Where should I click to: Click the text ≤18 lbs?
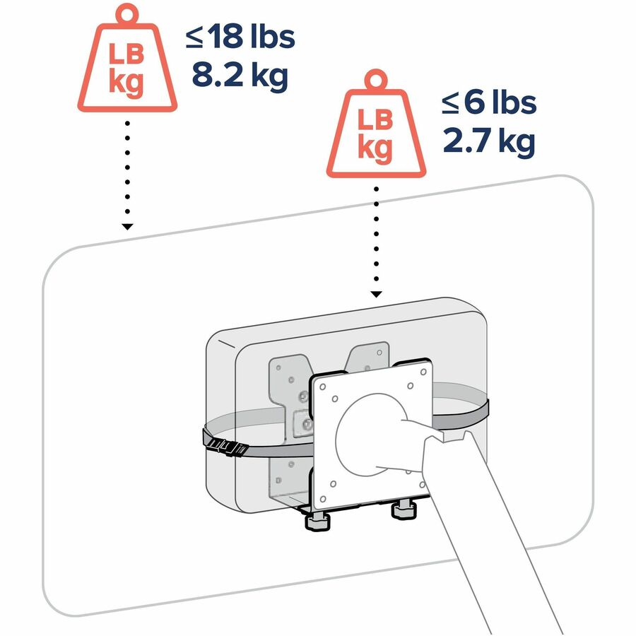click(240, 36)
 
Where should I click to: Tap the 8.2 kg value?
click(240, 76)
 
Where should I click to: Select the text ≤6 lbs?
click(489, 102)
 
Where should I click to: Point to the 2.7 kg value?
click(489, 141)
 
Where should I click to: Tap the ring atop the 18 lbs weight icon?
click(127, 15)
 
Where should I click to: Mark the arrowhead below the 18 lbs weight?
click(127, 227)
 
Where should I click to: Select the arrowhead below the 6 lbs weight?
click(376, 294)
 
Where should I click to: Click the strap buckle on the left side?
click(226, 447)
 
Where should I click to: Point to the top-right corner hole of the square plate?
click(423, 372)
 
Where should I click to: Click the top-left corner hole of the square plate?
click(323, 387)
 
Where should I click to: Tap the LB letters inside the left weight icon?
click(126, 54)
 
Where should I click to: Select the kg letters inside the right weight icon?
click(375, 148)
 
